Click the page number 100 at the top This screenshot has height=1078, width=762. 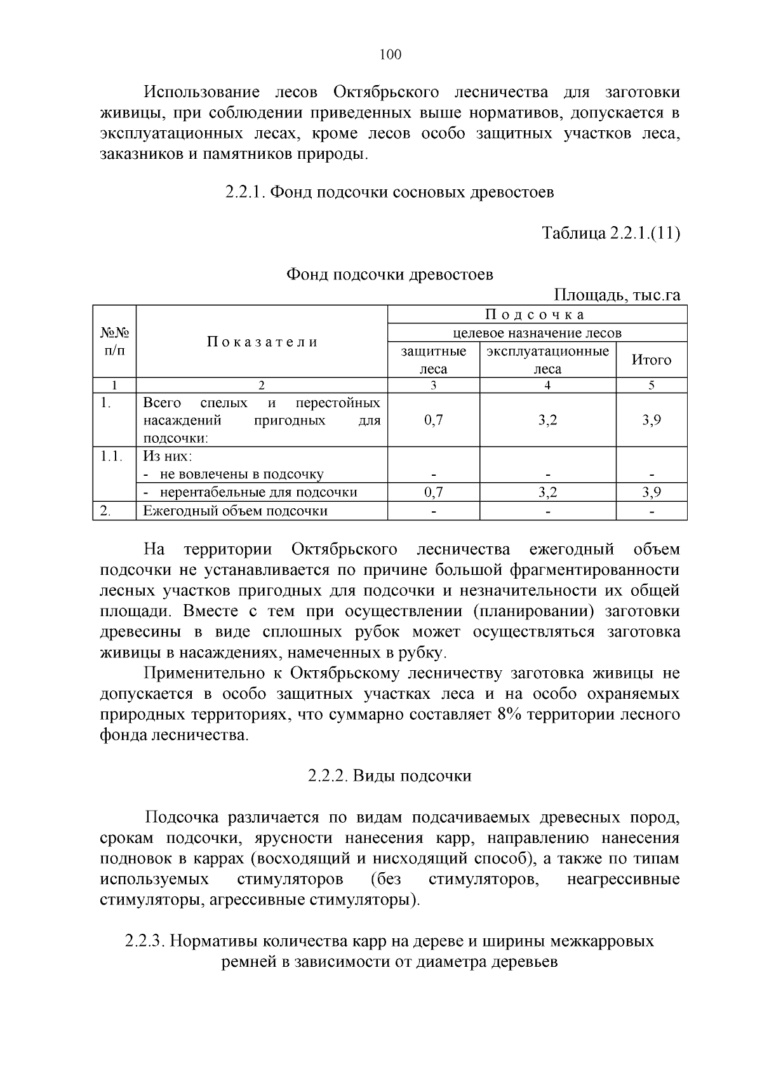390,55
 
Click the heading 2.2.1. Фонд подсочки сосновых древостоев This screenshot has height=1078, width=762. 389,192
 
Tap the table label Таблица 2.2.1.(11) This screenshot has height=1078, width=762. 610,233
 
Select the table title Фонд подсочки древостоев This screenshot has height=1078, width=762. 389,274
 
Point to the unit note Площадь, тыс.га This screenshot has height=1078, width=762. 617,295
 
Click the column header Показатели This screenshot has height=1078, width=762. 262,342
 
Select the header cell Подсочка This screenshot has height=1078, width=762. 537,314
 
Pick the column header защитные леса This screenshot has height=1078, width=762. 433,360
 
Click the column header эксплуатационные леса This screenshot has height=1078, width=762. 547,360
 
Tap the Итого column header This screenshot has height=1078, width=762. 651,360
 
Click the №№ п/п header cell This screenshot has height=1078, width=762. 114,342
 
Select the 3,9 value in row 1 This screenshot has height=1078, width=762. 651,420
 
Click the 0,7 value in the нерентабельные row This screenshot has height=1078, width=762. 433,492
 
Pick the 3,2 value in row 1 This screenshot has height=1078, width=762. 547,420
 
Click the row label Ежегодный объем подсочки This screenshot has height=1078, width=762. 235,511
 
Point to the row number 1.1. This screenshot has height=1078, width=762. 113,456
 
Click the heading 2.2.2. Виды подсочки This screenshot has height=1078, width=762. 389,776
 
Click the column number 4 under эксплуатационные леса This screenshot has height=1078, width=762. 547,385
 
